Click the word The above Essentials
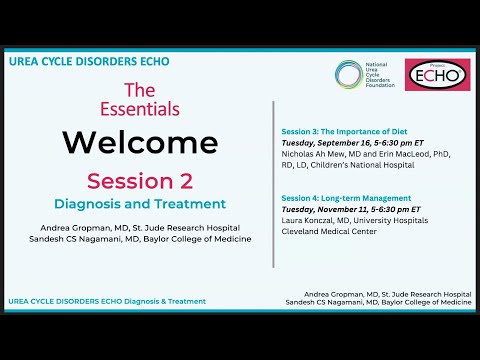pos(138,89)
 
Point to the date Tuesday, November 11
pos(329,210)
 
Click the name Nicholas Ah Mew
pos(318,156)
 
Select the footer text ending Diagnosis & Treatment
pos(106,300)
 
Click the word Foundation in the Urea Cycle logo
pos(380,86)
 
